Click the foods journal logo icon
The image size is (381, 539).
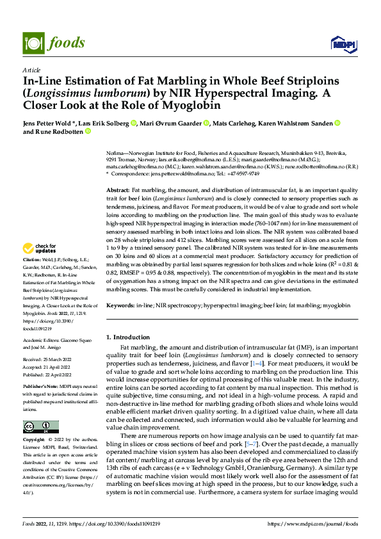tap(33, 43)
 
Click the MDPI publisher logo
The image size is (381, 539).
tap(343, 44)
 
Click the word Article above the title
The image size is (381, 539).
tap(31, 70)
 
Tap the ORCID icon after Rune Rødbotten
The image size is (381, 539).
tap(88, 132)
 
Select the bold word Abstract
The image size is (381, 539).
tap(118, 191)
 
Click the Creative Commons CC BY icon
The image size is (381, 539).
tap(40, 427)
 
